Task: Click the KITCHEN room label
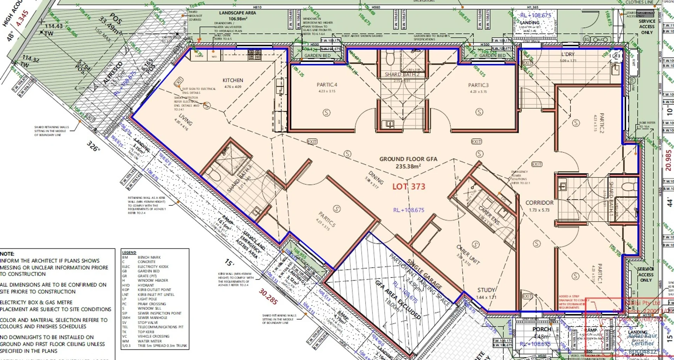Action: pos(233,80)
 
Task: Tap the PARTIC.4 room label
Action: pos(326,85)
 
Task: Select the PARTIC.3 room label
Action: pos(478,85)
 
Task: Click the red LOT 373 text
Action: pos(409,186)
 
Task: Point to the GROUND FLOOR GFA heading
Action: pos(408,159)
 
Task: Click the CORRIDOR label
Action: pos(539,203)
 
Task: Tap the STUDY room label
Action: pos(486,290)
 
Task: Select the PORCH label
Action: pos(542,329)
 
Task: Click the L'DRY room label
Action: pos(568,54)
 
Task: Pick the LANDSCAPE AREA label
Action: pos(237,13)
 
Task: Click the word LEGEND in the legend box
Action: pos(129,253)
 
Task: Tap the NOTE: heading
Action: pos(7,254)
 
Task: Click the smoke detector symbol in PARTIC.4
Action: pos(326,113)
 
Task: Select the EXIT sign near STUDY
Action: pos(527,296)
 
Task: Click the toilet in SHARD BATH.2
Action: pos(390,58)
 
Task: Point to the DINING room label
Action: pos(376,177)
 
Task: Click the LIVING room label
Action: pos(185,120)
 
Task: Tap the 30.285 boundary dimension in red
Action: pos(268,297)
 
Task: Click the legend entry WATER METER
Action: pos(150,341)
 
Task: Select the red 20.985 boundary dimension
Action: pos(668,161)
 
